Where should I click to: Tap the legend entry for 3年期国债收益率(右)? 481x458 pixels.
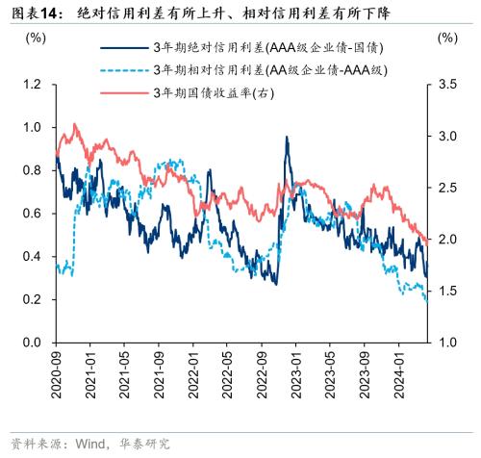coord(213,91)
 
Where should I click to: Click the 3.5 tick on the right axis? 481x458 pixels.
coord(445,85)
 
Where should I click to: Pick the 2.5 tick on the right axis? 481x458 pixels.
coord(445,188)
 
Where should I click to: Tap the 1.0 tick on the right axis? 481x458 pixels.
coord(445,343)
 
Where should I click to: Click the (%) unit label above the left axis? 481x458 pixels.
coord(36,38)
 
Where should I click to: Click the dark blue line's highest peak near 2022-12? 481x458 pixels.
coord(287,138)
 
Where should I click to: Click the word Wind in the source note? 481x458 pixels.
coord(88,444)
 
